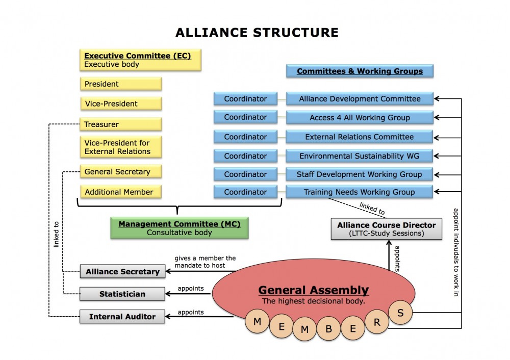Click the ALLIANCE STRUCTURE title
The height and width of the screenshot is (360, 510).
click(x=257, y=33)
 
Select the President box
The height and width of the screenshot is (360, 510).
click(x=121, y=84)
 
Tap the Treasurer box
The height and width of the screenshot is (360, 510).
click(x=121, y=124)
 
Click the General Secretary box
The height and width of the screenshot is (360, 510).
click(x=121, y=172)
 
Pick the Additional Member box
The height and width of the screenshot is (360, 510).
click(x=121, y=192)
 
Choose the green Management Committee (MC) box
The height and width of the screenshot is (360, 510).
click(x=180, y=228)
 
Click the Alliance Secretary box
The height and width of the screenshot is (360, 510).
click(x=122, y=272)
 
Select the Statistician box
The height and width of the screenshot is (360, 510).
click(x=122, y=294)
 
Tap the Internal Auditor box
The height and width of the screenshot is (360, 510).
click(x=122, y=317)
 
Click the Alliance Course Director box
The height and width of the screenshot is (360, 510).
click(x=387, y=229)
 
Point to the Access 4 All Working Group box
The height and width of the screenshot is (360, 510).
click(x=360, y=118)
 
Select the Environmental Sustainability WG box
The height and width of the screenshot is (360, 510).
click(x=360, y=156)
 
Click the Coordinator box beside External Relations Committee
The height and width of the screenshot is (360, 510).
click(x=245, y=137)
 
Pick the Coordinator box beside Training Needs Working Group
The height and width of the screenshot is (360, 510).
click(x=245, y=192)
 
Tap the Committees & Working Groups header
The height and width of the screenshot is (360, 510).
click(x=360, y=71)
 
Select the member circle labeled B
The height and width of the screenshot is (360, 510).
click(x=328, y=328)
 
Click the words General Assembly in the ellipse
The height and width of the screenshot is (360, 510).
click(x=313, y=290)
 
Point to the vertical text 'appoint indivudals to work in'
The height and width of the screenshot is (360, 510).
click(x=454, y=252)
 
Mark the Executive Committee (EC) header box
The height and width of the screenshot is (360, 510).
click(x=138, y=60)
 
